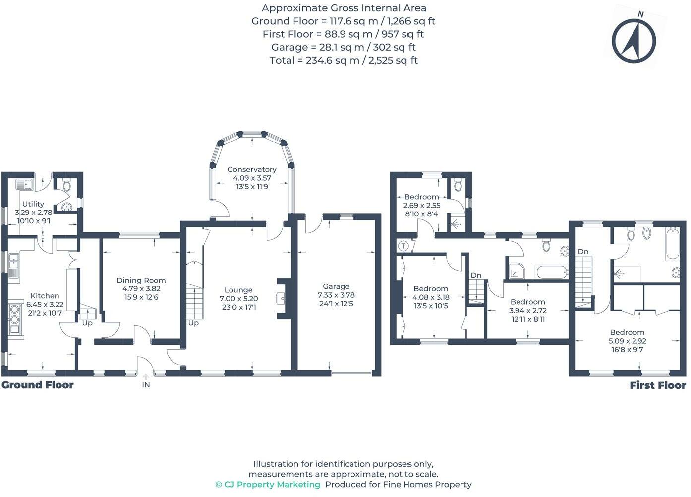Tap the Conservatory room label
252,169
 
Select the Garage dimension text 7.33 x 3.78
336,295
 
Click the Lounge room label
238,290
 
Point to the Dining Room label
141,280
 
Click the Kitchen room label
45,296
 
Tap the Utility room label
33,204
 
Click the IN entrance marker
146,384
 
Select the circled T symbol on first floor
403,246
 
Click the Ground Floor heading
38,385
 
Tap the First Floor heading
657,385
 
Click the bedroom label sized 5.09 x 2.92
627,332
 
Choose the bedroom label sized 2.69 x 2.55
421,197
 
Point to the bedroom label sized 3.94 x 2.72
527,302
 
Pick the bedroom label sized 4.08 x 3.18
431,288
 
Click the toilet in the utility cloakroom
66,186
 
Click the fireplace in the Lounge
282,298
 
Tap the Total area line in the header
344,60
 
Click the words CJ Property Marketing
272,484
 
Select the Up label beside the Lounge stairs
193,323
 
